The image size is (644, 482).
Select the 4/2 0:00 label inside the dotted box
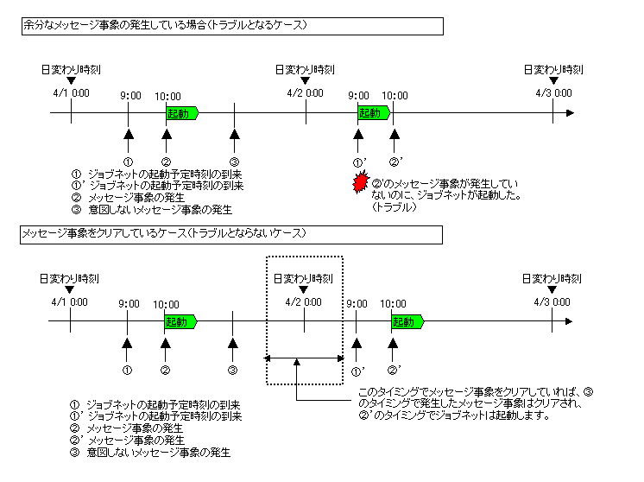pyautogui.click(x=304, y=302)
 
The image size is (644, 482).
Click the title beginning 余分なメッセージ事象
pyautogui.click(x=164, y=27)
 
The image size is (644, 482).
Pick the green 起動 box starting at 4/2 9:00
pyautogui.click(x=372, y=113)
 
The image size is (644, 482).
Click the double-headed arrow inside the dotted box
pyautogui.click(x=304, y=358)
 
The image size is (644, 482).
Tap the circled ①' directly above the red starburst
pyautogui.click(x=359, y=162)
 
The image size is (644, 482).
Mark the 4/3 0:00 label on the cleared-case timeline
pyautogui.click(x=552, y=302)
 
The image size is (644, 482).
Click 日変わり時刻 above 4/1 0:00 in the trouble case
pyautogui.click(x=70, y=69)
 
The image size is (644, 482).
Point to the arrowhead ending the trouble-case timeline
pyautogui.click(x=569, y=113)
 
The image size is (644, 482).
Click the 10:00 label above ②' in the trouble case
pyautogui.click(x=395, y=95)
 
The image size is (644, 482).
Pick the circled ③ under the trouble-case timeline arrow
pyautogui.click(x=234, y=162)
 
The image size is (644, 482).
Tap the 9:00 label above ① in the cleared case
pyautogui.click(x=129, y=303)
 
